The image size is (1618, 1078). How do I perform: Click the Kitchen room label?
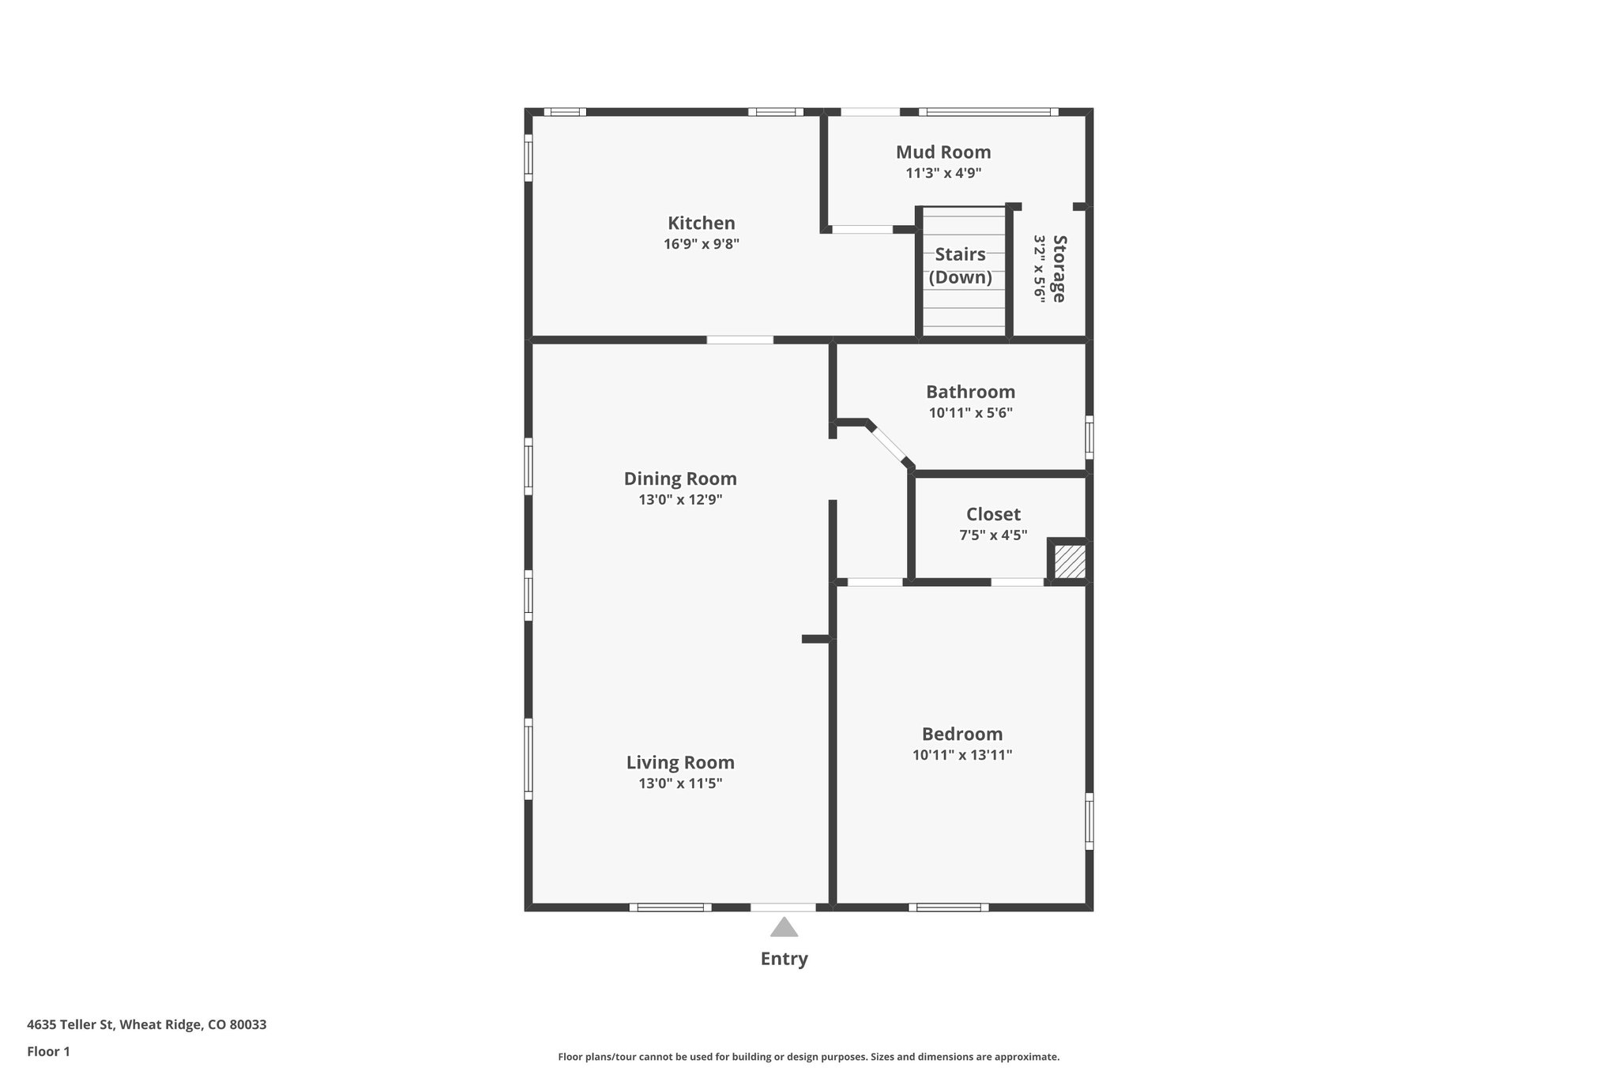(x=701, y=223)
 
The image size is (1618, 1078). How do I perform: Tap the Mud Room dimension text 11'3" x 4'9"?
(x=943, y=173)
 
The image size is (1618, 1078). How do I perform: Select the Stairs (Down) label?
(x=960, y=265)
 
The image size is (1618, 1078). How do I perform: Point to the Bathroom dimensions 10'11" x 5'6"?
(x=970, y=412)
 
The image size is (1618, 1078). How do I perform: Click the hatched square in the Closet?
(x=1071, y=562)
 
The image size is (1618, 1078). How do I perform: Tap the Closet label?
(x=993, y=514)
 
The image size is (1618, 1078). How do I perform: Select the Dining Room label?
(x=680, y=479)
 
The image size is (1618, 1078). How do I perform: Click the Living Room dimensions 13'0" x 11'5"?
(x=680, y=783)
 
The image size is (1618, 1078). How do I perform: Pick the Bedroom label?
(x=961, y=734)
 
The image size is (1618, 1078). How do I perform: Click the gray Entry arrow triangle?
(x=784, y=928)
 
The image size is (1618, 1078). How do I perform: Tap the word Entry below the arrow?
(x=784, y=959)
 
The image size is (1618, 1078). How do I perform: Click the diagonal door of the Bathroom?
(x=889, y=445)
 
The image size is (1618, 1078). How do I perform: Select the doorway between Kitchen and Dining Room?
(x=739, y=340)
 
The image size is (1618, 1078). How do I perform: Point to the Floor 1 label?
(x=48, y=1052)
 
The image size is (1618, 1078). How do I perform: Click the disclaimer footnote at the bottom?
(x=808, y=1057)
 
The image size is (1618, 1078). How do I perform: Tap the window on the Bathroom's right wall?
(x=1089, y=437)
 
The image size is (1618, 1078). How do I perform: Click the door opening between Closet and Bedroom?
(x=1017, y=582)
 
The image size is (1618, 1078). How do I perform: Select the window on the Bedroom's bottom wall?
(x=948, y=907)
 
